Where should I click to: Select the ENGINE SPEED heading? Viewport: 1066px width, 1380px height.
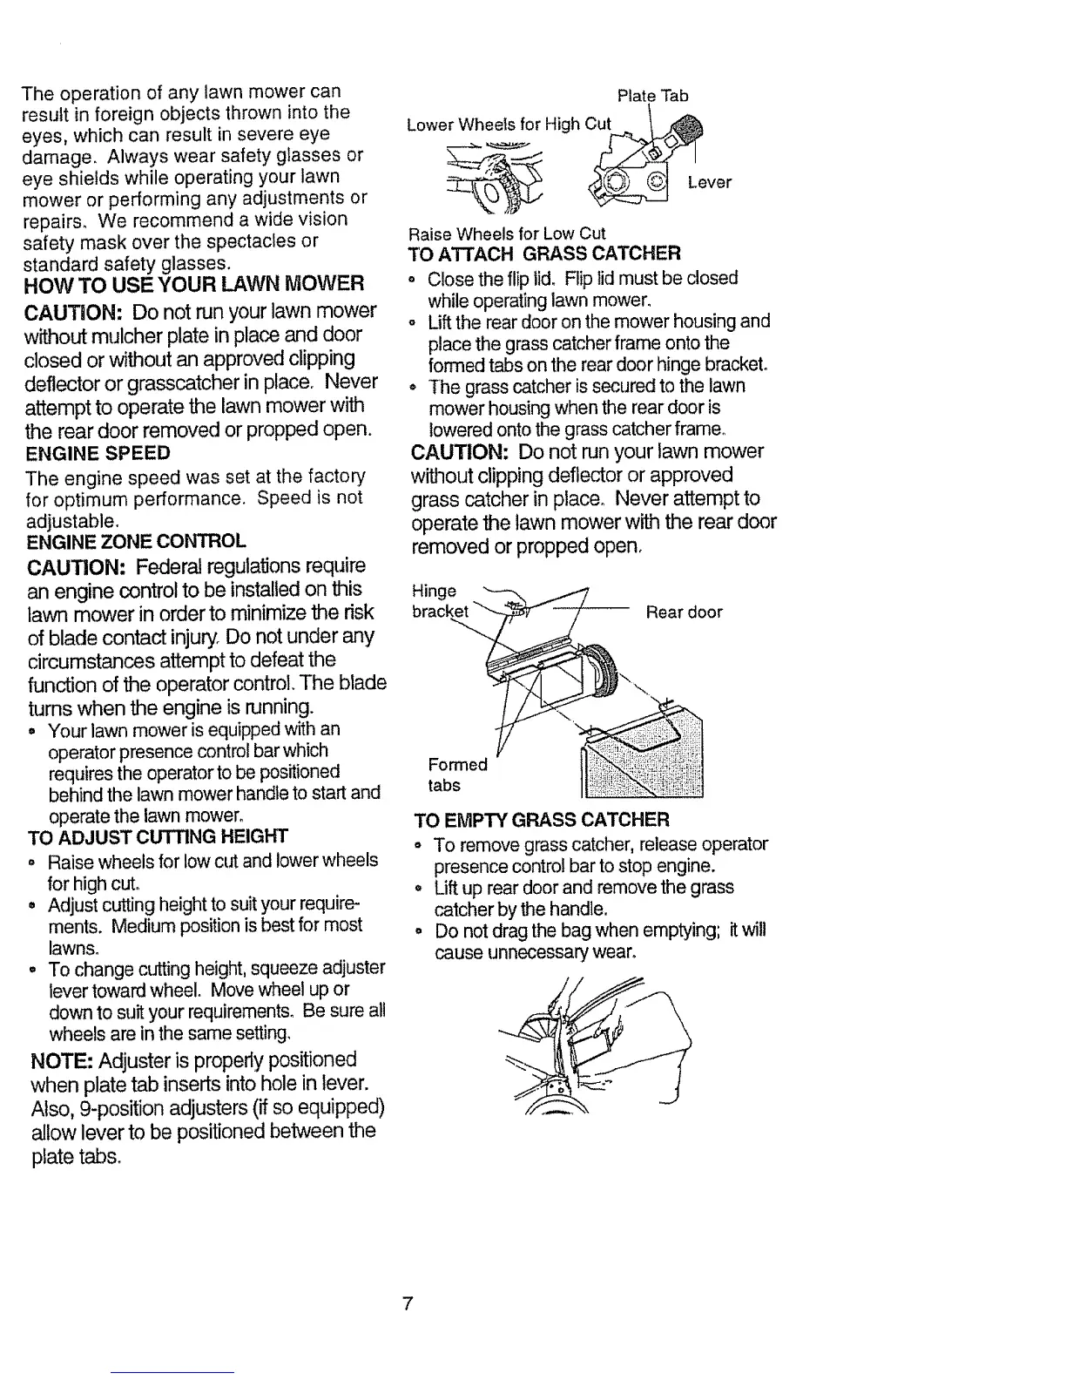(98, 453)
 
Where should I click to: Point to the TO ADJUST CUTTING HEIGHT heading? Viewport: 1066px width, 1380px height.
(158, 837)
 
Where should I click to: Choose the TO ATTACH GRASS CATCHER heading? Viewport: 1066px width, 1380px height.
(543, 254)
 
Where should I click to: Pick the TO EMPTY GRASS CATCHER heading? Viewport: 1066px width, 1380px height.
(543, 821)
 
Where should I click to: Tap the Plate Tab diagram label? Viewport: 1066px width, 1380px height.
(652, 95)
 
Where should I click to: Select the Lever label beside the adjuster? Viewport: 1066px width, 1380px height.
(710, 182)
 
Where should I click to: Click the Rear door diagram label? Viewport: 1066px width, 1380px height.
(684, 612)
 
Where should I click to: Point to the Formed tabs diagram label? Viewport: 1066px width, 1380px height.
(458, 775)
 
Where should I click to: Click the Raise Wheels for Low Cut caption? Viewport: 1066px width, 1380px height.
(507, 233)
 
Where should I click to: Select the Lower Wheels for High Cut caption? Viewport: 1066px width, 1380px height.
(509, 124)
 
